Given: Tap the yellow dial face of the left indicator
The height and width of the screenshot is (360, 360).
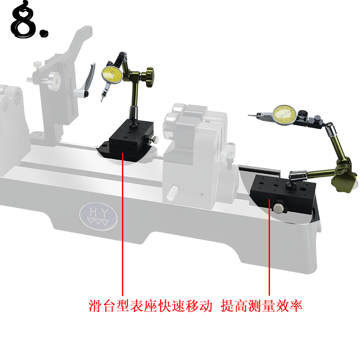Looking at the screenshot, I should (x=112, y=75).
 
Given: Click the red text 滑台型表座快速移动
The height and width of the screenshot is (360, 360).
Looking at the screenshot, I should (x=149, y=306).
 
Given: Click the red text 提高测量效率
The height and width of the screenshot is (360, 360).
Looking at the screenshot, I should (x=261, y=306).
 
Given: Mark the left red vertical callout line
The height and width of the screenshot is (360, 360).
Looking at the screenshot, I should (x=122, y=225).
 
